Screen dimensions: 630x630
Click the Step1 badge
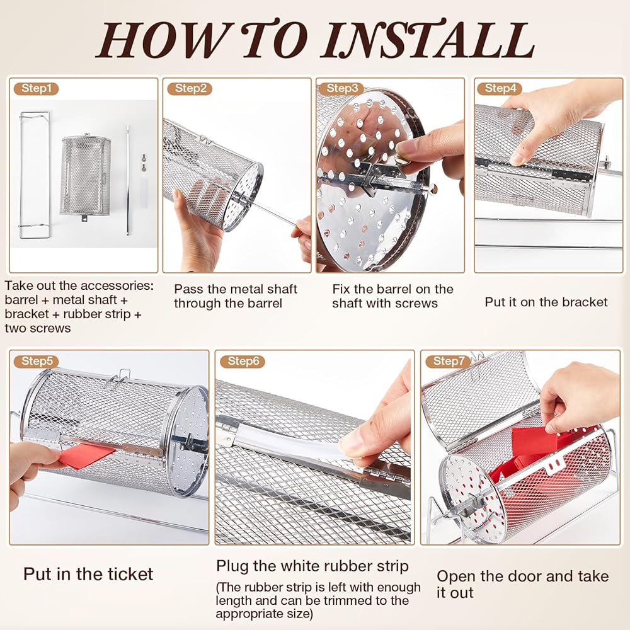36,88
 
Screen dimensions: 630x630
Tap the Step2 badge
190,88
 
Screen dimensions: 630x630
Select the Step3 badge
341,88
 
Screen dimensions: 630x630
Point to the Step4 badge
500,88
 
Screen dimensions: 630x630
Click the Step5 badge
36,361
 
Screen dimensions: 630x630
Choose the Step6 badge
243,361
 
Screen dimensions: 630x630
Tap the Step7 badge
448,361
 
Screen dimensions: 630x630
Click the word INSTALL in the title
429,40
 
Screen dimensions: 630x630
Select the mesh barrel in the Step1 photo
85,177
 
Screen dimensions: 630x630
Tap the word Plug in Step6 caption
232,566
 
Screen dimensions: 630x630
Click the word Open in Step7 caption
456,576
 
